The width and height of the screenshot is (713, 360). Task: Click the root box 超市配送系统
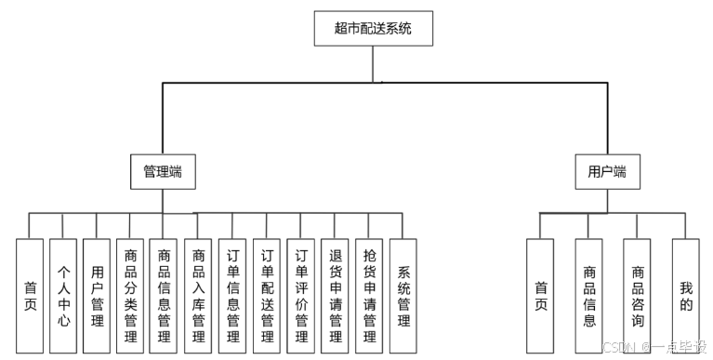click(x=373, y=29)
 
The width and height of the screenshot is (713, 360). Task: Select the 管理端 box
click(x=163, y=172)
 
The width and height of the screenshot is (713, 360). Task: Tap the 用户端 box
click(x=607, y=172)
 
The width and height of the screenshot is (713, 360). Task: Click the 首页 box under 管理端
click(x=30, y=296)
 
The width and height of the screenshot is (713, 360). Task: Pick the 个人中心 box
click(x=63, y=296)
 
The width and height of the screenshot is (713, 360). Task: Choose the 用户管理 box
click(x=97, y=296)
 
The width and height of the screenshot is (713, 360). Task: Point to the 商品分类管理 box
click(x=130, y=296)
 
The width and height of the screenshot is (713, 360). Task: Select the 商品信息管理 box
click(x=164, y=296)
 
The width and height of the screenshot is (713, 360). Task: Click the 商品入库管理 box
click(x=198, y=296)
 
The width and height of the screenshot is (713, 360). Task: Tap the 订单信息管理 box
click(x=232, y=296)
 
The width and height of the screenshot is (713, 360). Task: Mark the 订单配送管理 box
click(x=267, y=296)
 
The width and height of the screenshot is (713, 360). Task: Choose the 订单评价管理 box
click(x=301, y=296)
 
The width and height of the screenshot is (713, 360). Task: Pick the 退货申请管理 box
click(x=336, y=296)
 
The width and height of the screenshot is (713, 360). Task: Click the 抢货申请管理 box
click(x=369, y=296)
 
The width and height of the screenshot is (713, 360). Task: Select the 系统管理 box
click(x=403, y=296)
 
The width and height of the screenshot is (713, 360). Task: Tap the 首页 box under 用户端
click(x=541, y=296)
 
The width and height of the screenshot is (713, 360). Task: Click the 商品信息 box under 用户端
click(x=589, y=296)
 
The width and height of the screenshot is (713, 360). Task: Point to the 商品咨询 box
click(x=638, y=296)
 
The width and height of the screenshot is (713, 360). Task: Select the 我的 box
click(x=686, y=296)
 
